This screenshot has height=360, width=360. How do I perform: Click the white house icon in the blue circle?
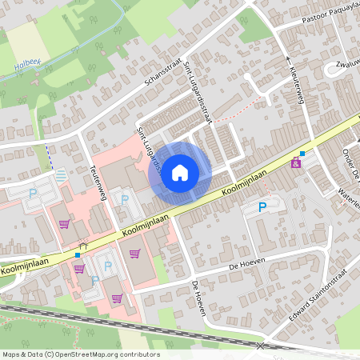[x=180, y=172]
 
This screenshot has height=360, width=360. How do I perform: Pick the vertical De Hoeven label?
[x=198, y=298]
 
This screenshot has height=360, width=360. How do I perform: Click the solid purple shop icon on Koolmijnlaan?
[x=296, y=163]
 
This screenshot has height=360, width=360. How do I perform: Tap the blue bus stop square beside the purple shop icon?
[x=302, y=154]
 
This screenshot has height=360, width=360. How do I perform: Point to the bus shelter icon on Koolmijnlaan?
[x=82, y=246]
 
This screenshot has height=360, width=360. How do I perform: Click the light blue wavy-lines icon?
[x=62, y=174]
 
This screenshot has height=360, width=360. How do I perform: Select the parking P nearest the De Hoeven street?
[x=262, y=207]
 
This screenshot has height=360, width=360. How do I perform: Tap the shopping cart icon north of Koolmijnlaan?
[x=64, y=224]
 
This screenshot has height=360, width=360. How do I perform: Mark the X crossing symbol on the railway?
[x=260, y=346]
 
